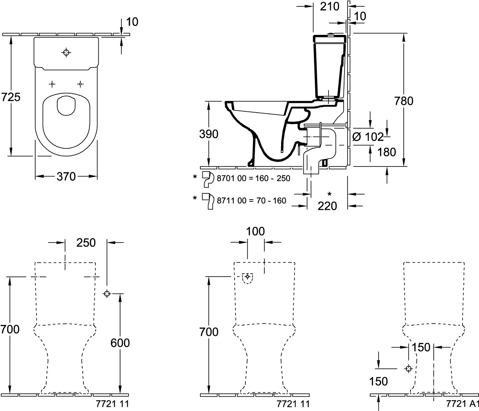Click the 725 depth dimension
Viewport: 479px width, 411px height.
11,97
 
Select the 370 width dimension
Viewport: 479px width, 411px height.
66,177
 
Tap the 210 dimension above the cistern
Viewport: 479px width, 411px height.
329,6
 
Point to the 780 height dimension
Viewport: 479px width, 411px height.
404,101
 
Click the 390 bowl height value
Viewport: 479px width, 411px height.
209,134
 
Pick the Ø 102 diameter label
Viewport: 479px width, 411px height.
368,136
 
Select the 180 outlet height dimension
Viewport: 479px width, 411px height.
387,152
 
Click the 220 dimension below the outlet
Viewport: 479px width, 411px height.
328,206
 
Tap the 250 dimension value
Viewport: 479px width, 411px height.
86,242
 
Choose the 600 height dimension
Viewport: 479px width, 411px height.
120,343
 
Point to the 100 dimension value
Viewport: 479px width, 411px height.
255,231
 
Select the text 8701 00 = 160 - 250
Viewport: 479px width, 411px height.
253,178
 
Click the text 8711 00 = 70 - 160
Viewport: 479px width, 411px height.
251,200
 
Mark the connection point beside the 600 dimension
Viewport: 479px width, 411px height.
107,294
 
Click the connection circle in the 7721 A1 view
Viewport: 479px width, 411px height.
408,369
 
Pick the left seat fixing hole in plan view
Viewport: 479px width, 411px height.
52,84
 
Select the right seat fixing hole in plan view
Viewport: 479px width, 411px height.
80,84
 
